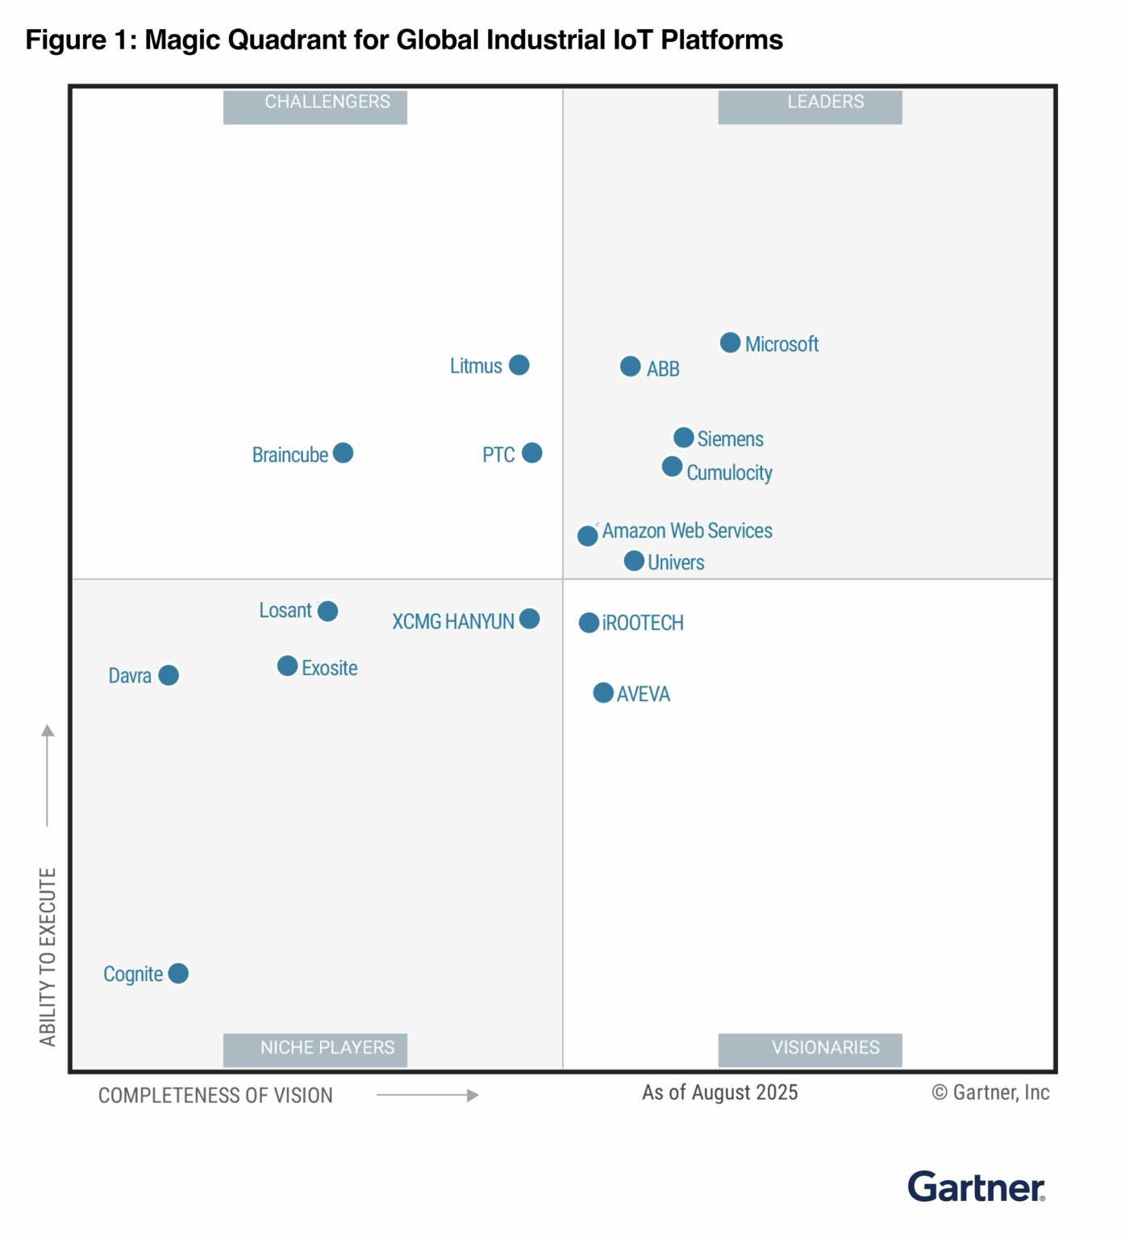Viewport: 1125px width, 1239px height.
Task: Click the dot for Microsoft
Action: [x=730, y=343]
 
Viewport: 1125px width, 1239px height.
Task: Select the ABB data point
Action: [x=631, y=367]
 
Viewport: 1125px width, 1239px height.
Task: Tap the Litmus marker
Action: [x=519, y=365]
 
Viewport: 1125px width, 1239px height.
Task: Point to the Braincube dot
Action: [x=343, y=453]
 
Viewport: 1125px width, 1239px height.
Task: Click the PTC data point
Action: [x=531, y=453]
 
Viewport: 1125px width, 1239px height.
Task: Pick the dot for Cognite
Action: [x=178, y=974]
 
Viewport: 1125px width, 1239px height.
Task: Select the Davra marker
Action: [x=169, y=675]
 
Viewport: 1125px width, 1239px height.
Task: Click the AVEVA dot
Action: [x=603, y=693]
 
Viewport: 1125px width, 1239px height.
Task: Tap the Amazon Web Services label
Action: [x=687, y=531]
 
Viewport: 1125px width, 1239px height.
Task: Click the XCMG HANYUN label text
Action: [x=452, y=622]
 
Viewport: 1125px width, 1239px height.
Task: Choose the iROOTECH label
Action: [x=643, y=624]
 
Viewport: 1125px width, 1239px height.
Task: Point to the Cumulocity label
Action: [x=729, y=473]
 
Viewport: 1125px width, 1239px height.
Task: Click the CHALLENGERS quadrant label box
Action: [x=315, y=106]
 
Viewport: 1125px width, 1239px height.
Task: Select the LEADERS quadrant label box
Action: [x=810, y=106]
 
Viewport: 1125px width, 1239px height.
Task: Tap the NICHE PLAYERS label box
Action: [x=315, y=1049]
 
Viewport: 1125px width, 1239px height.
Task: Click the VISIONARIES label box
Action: [x=810, y=1049]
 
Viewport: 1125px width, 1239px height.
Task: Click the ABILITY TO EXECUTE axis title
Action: [x=48, y=957]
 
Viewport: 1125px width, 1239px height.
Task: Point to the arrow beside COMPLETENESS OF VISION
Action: [x=427, y=1095]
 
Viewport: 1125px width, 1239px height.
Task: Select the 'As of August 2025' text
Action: [x=719, y=1093]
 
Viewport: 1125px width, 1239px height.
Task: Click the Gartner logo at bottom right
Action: [x=976, y=1187]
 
